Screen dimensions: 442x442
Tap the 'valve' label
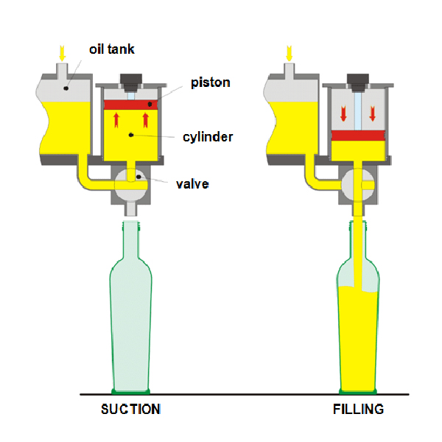click(192, 183)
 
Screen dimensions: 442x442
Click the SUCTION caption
click(130, 410)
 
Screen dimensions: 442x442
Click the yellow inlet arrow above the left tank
click(62, 53)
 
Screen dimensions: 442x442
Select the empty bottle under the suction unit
click(131, 317)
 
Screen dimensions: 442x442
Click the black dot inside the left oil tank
click(66, 88)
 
